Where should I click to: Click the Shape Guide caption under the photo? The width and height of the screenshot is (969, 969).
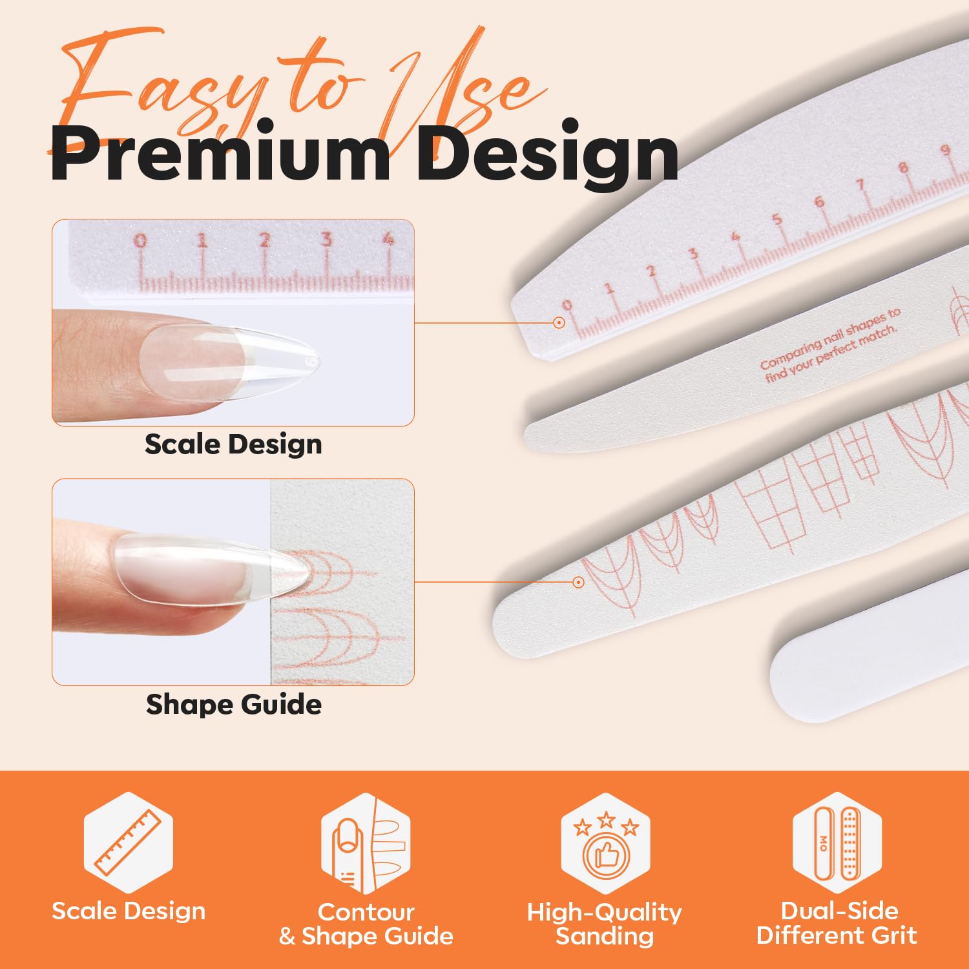point(234,704)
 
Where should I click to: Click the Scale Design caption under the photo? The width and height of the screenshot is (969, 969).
point(233,444)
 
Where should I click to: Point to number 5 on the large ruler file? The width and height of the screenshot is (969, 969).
point(777,219)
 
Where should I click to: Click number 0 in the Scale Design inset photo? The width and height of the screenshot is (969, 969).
point(140,241)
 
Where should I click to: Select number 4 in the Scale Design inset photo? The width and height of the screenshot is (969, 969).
point(388,238)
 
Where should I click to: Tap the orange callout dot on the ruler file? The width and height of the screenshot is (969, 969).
point(559,322)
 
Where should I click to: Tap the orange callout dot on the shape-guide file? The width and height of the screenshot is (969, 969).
point(578,582)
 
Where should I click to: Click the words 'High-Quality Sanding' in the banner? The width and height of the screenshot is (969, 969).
point(605,924)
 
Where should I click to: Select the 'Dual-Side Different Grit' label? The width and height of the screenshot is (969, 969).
point(837,923)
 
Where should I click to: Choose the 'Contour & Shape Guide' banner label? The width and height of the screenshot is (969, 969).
point(366,924)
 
